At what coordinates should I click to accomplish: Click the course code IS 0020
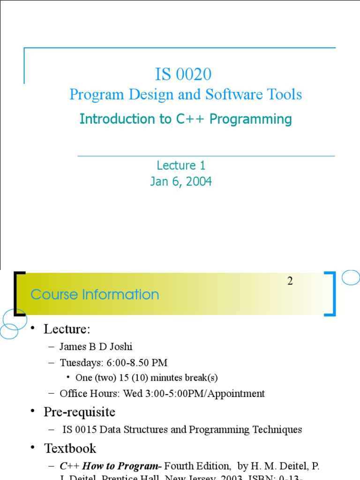183,74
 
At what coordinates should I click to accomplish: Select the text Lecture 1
181,165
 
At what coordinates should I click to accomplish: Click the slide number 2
290,281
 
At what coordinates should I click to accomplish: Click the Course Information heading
95,294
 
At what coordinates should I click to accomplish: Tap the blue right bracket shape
331,293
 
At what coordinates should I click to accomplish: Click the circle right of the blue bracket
351,277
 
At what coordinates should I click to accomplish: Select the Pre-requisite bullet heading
79,412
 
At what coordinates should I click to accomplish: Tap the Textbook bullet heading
70,449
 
